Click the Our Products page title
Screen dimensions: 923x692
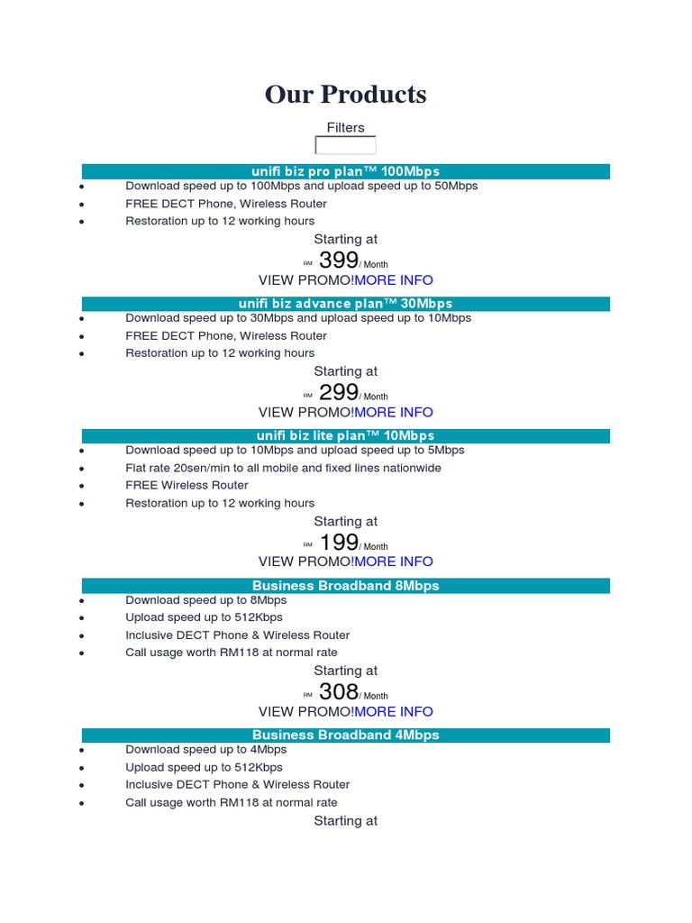tap(345, 95)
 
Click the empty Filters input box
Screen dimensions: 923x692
tap(345, 145)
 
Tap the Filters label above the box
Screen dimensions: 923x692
tap(345, 128)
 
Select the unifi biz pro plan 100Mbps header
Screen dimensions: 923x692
tap(345, 171)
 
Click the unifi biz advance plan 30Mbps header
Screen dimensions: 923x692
tap(345, 304)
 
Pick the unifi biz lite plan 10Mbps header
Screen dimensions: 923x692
tap(345, 435)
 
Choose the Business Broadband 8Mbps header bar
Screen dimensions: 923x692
tap(345, 586)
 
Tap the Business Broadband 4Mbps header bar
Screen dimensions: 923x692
tap(345, 736)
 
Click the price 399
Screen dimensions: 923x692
tap(339, 260)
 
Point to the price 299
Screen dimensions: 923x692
tap(339, 392)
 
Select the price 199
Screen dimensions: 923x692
tap(339, 543)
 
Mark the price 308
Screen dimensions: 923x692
tap(339, 692)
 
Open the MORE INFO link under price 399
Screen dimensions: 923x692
tap(394, 280)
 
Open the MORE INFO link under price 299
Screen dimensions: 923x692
tap(394, 412)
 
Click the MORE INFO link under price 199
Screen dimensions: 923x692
tap(394, 562)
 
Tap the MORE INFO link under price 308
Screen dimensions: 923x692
tap(394, 711)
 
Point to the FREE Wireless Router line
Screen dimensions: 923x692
tap(187, 485)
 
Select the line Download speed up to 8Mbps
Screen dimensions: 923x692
tap(205, 600)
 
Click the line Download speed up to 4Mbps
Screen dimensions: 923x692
tap(205, 750)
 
